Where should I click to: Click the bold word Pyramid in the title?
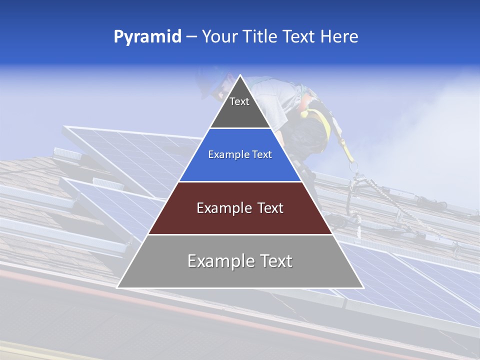[147, 36]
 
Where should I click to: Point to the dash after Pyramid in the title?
[191, 37]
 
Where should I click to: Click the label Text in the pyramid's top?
[239, 101]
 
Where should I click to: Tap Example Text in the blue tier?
[240, 154]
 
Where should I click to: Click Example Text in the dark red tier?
[240, 208]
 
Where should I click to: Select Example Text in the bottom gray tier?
[240, 261]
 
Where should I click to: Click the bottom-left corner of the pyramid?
[118, 287]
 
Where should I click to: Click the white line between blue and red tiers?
[240, 181]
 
